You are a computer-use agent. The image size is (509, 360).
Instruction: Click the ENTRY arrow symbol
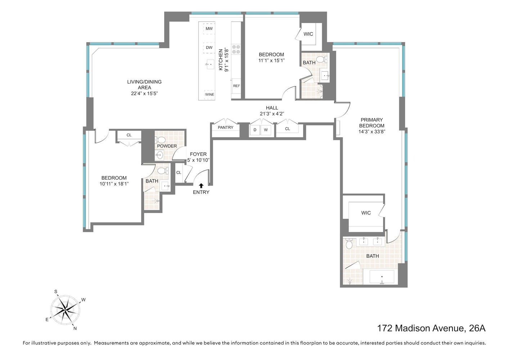point(201,185)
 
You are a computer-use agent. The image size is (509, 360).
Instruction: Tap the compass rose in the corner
point(65,310)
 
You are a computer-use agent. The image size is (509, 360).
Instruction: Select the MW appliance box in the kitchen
point(209,29)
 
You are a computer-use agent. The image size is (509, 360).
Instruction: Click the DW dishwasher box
point(209,48)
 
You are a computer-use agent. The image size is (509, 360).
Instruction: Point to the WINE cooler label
point(210,94)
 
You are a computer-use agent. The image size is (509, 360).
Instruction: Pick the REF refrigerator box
point(237,86)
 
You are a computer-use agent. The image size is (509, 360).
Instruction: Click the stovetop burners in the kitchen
point(236,49)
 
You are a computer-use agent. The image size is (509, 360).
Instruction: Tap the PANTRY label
point(226,127)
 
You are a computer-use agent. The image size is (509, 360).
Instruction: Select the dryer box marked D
point(255,130)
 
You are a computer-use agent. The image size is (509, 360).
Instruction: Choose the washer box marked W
point(266,130)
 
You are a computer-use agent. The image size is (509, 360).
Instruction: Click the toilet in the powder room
point(161,139)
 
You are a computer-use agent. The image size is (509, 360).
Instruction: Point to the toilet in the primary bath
point(348,245)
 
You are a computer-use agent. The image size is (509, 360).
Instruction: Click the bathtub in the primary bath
point(382,277)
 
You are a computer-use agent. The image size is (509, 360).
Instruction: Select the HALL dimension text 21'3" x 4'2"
point(272,113)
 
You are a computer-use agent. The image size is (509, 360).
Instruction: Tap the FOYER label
point(198,154)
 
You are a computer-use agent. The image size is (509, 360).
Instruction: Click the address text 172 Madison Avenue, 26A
point(431,328)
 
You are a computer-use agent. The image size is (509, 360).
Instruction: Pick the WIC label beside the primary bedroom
point(366,213)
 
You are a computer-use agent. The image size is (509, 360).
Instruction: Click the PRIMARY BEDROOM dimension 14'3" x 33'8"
point(371,132)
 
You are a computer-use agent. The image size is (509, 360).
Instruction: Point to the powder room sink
point(160,155)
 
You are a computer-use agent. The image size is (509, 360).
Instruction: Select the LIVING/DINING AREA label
point(144,85)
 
